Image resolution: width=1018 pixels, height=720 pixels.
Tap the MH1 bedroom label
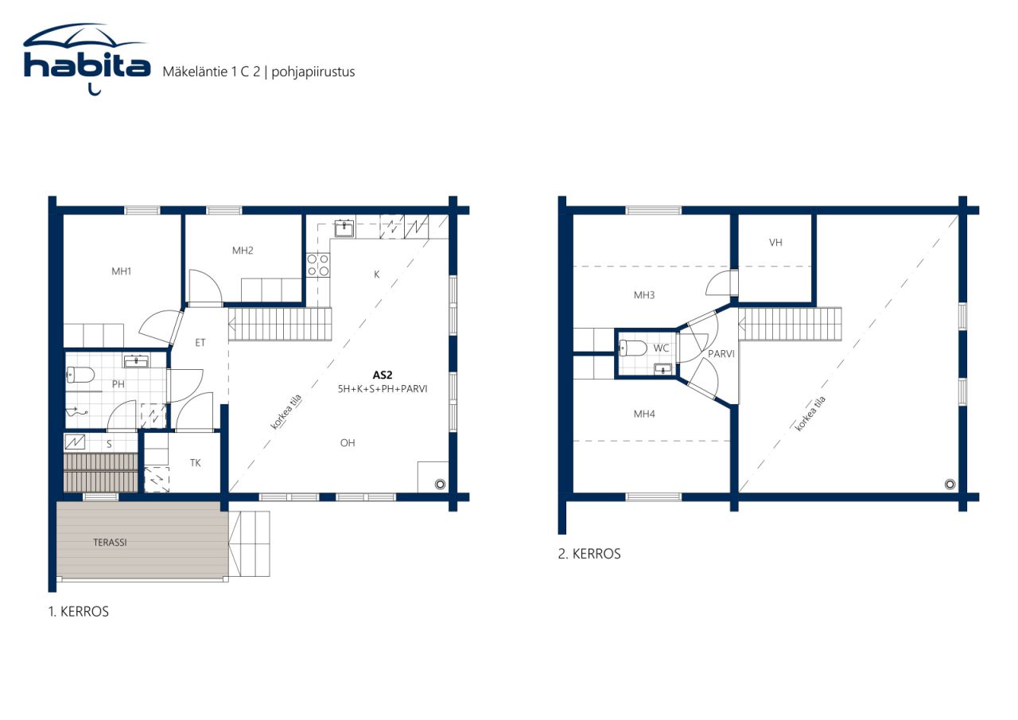coord(121,271)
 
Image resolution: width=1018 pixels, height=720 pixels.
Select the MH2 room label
coord(243,251)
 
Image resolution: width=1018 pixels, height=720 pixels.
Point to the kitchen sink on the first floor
coord(344,228)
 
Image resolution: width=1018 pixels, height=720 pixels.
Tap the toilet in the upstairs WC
coord(634,348)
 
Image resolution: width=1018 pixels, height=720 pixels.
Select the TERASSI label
coord(110,543)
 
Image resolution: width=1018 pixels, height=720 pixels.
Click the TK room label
coord(196,462)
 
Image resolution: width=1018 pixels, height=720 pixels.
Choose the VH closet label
coord(775,243)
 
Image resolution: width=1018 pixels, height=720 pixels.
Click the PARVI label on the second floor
coord(721,353)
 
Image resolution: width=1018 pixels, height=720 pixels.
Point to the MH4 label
coord(644,414)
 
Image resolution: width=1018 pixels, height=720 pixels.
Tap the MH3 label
coord(644,295)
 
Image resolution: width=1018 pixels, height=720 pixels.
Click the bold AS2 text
coord(383,374)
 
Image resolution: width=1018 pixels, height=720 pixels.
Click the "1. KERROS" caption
coord(77,612)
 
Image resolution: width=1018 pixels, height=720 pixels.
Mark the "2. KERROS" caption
coord(589,554)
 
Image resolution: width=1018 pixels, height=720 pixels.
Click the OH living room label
coord(348,443)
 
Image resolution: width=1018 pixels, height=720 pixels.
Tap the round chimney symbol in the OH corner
coord(439,484)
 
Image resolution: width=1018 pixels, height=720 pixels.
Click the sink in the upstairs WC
coord(662,368)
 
